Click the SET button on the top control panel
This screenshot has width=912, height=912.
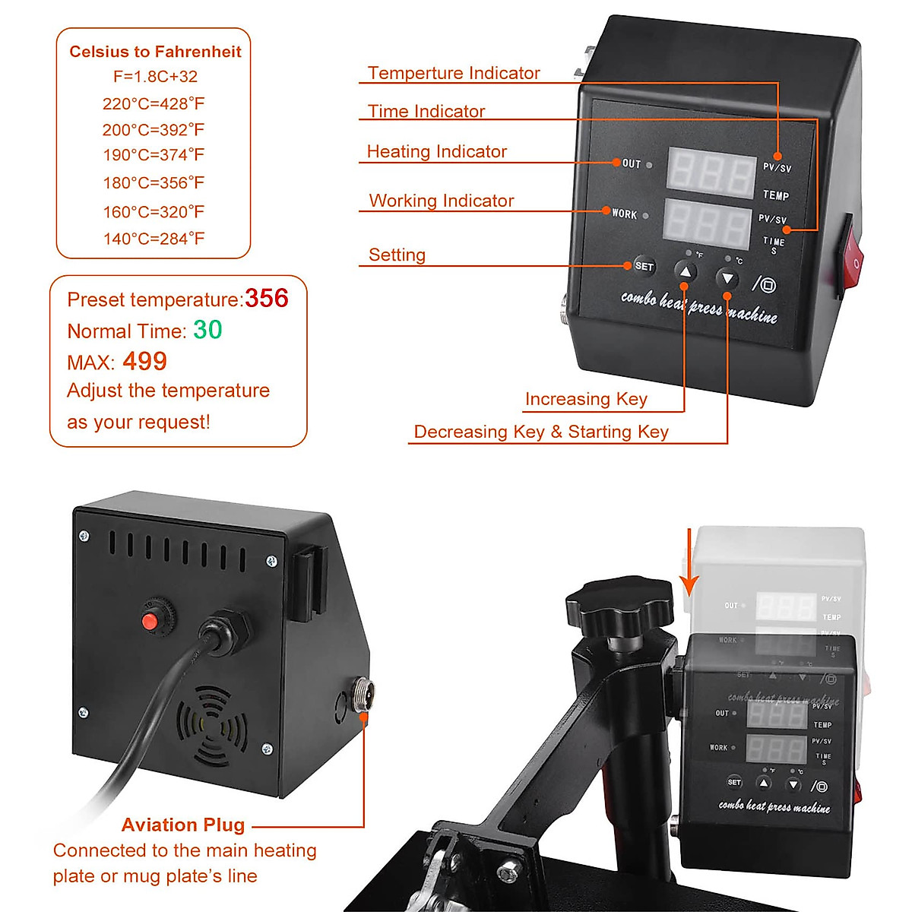pos(644,266)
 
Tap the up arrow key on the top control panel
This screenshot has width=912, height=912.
pos(686,272)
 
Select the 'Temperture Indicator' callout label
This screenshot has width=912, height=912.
pos(454,73)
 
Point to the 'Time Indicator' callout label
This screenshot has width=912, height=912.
pos(426,111)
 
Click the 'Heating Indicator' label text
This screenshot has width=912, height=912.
pos(436,151)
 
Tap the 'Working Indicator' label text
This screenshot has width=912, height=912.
pos(442,201)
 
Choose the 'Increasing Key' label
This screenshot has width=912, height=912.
pos(586,399)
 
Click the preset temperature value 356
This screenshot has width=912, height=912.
pos(266,298)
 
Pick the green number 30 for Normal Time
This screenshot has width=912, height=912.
pos(207,330)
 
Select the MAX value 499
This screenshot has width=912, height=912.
pos(144,361)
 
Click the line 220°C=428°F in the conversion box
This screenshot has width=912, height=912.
pos(154,103)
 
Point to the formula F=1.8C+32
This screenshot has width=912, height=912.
pos(155,76)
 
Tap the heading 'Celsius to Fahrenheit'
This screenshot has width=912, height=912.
pos(155,52)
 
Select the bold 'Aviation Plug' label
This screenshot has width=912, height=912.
pos(183,825)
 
